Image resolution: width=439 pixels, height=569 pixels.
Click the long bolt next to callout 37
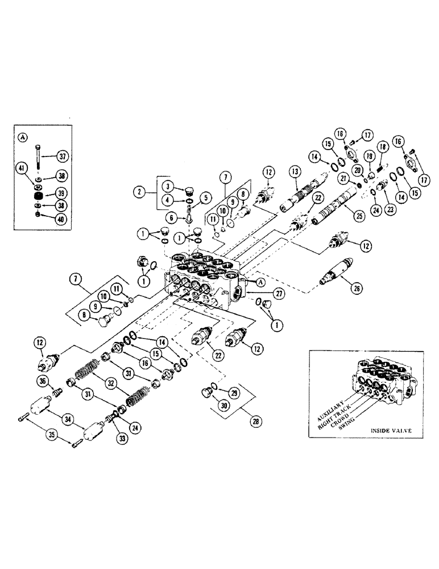[38, 155]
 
